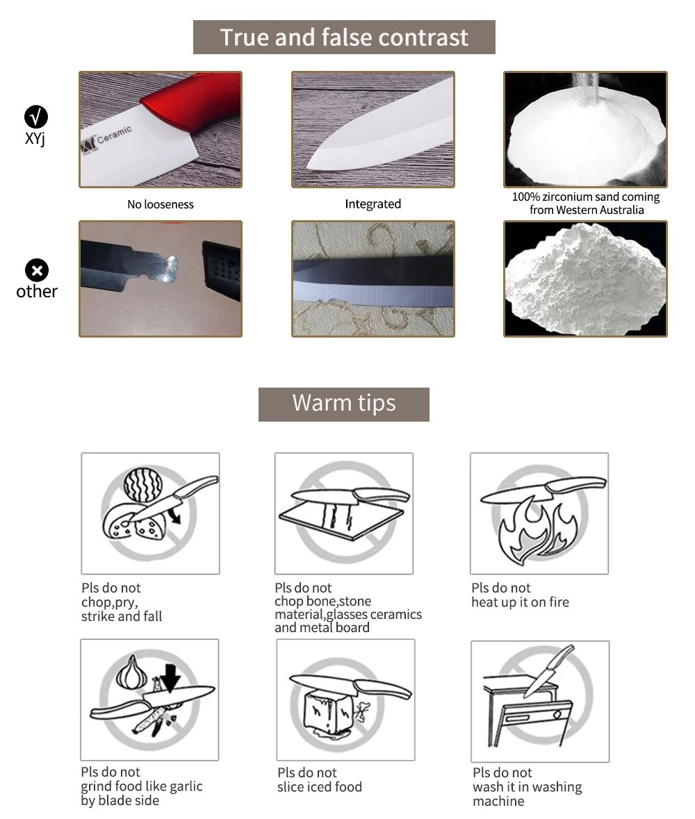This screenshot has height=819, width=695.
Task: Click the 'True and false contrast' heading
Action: [x=344, y=37]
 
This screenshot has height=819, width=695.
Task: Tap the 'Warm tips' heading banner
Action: [x=344, y=404]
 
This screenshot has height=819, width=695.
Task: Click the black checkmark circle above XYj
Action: [x=36, y=117]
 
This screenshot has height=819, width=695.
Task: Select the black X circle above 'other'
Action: [x=37, y=270]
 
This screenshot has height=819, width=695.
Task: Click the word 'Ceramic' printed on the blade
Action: [x=114, y=134]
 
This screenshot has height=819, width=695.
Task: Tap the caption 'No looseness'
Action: [x=161, y=204]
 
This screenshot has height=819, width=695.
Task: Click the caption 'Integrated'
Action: [x=373, y=204]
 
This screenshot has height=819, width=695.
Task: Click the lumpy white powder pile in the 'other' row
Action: [x=585, y=277]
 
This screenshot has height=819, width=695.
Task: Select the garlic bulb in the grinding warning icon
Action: [x=129, y=673]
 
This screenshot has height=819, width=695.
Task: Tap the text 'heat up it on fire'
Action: [x=520, y=602]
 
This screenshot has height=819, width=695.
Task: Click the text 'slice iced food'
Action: [x=320, y=786]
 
